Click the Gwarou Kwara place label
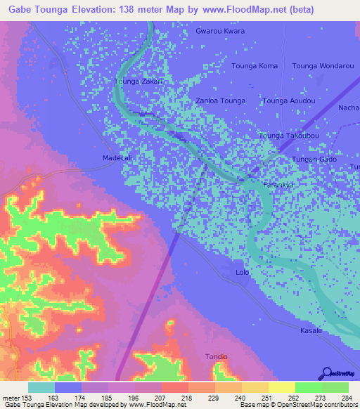(220, 32)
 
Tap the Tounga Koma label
(255, 66)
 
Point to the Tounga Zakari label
(139, 82)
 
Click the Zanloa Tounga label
(220, 100)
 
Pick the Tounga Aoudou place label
(288, 100)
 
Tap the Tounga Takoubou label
(289, 135)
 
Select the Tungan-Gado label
(314, 160)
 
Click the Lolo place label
(243, 272)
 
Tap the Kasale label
(311, 330)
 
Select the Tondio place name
(216, 357)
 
